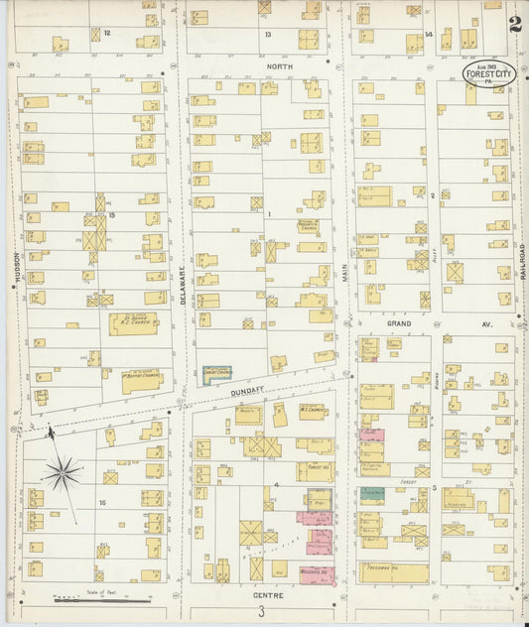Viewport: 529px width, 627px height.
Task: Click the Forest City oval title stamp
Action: [x=486, y=75]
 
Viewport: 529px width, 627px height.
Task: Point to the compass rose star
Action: [x=62, y=472]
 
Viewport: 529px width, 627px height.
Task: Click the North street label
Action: [x=279, y=66]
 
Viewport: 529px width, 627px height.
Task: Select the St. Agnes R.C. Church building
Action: [x=132, y=323]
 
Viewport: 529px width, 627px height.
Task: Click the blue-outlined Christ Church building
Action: [x=216, y=375]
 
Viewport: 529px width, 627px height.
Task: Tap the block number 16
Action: [x=102, y=503]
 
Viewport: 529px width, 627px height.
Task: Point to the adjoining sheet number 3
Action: [x=261, y=612]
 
